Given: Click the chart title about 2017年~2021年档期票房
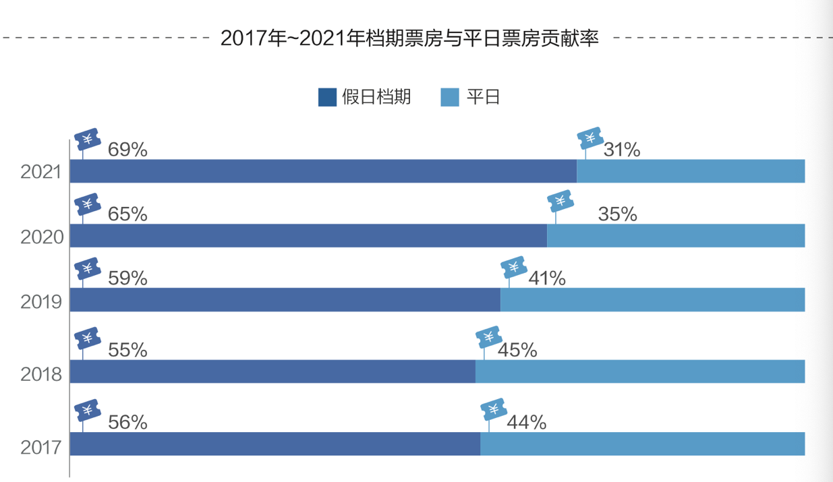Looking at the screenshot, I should tap(409, 38).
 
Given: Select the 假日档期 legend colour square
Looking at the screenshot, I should tap(327, 97).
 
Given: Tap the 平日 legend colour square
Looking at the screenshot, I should tap(449, 97).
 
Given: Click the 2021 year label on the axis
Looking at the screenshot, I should tap(41, 172).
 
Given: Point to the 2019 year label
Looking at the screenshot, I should tap(41, 301).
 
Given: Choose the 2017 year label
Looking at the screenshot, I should tap(41, 447).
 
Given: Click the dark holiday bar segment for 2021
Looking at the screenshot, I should tap(323, 171).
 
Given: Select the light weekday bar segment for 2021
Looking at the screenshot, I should tap(691, 171).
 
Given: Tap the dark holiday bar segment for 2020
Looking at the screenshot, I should tap(308, 236).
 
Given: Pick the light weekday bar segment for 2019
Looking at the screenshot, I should tap(652, 300).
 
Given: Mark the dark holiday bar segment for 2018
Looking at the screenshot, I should tap(272, 371).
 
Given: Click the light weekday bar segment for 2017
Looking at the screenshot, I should tap(642, 444).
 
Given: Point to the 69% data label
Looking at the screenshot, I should tap(127, 150).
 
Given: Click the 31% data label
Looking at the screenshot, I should tap(622, 150).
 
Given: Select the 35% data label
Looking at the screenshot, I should tap(617, 214).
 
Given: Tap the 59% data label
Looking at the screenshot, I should tap(127, 278).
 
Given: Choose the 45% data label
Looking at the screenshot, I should tap(517, 351).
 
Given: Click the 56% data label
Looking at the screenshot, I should tap(127, 423).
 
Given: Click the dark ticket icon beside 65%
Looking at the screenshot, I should tap(87, 204).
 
